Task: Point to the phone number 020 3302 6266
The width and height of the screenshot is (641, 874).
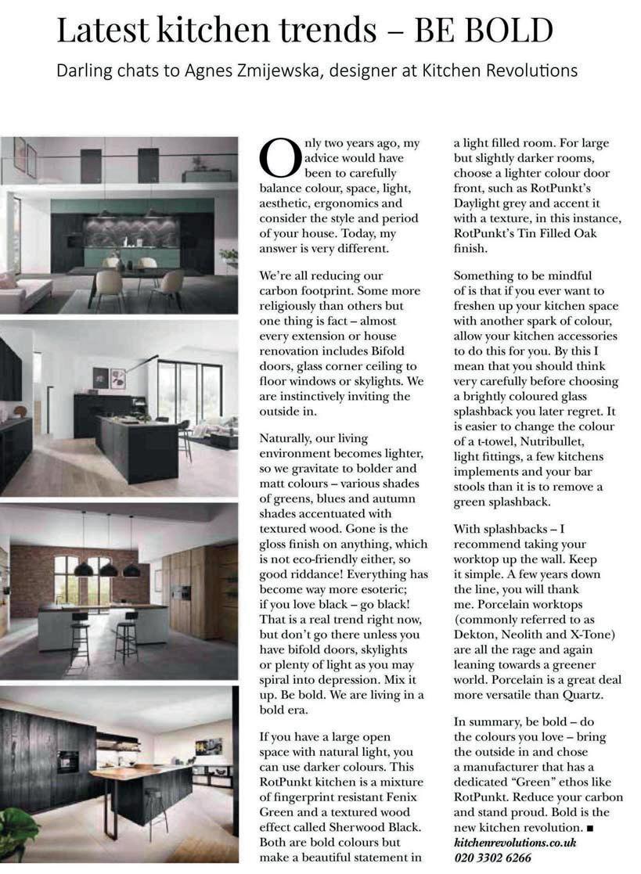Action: click(x=492, y=858)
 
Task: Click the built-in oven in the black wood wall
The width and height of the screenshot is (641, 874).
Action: click(x=67, y=761)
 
